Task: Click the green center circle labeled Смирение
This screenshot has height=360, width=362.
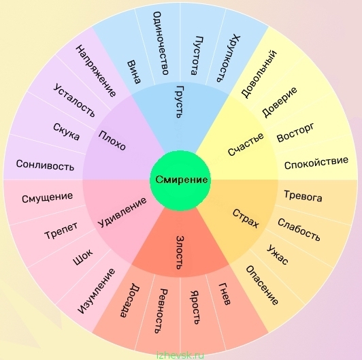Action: pos(180,180)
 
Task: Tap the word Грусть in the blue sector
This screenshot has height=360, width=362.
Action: pos(180,102)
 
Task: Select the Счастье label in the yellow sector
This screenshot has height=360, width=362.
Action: pos(246,144)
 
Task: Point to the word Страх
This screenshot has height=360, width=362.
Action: pos(246,218)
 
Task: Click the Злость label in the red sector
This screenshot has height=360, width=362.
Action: pos(180,252)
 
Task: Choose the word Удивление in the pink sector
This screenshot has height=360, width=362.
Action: pos(122,212)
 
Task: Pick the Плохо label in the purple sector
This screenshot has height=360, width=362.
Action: pos(112,140)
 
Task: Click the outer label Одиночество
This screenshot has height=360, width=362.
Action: pos(161,44)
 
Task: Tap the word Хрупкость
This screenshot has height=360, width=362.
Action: pos(229,58)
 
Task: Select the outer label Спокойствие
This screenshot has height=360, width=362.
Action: pos(316,163)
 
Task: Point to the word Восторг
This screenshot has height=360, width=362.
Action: pos(295,133)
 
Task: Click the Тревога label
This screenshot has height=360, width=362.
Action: pos(303,196)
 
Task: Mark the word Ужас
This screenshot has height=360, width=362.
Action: pos(278,255)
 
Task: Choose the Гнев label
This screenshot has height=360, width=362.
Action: pos(225,294)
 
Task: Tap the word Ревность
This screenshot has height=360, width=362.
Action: pos(161,311)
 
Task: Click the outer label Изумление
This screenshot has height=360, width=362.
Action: pos(96,291)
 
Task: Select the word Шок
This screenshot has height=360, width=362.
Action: pos(83,257)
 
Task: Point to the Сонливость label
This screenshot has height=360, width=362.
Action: pos(45,165)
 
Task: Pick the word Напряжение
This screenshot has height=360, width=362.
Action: pos(96,71)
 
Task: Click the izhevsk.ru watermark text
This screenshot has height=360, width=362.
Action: pos(180,355)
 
